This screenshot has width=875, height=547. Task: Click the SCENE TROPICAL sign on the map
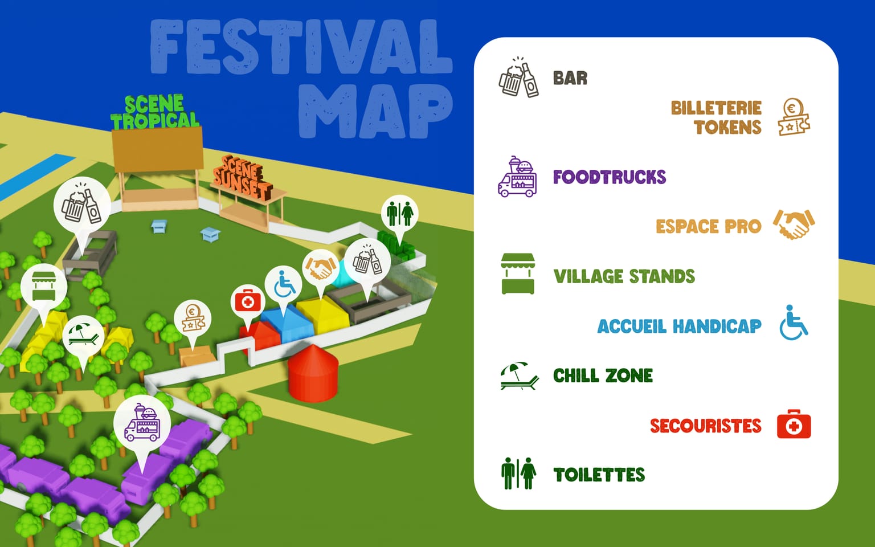(x=154, y=113)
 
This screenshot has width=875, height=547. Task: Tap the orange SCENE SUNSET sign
(x=242, y=178)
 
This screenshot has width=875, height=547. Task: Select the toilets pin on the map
(x=399, y=214)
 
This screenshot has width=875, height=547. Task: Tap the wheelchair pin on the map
(x=284, y=285)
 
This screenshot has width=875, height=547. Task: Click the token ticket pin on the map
(x=193, y=319)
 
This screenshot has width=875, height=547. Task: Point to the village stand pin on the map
(x=43, y=285)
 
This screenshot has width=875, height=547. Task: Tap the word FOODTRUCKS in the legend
(x=609, y=177)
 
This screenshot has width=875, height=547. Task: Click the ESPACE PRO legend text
(x=708, y=227)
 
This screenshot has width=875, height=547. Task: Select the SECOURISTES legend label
(x=705, y=426)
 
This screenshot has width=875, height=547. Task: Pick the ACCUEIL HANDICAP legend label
(x=679, y=326)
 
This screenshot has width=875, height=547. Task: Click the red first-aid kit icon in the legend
(x=794, y=424)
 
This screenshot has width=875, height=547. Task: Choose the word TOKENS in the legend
(x=727, y=127)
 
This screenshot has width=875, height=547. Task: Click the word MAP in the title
(x=375, y=112)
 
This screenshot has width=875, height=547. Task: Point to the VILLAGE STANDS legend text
(x=624, y=277)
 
